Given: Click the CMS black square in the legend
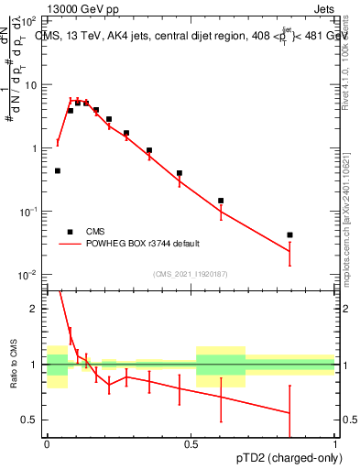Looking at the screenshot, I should click(x=70, y=232).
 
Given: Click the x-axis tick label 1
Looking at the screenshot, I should click(x=334, y=442).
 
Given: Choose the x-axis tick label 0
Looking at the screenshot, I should click(x=47, y=442).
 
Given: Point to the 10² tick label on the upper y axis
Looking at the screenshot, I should click(x=30, y=20).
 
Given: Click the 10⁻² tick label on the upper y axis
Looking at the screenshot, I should click(x=30, y=275).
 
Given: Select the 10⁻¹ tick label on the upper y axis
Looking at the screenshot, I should click(x=30, y=212).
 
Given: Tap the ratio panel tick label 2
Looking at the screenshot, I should click(x=37, y=309).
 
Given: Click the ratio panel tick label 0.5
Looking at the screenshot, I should click(x=33, y=420).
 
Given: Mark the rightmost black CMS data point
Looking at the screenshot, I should click(x=289, y=235).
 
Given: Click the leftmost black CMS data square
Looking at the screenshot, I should click(x=58, y=170).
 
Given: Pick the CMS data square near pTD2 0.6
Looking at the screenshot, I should click(x=221, y=201).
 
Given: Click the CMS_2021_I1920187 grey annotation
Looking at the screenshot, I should click(x=190, y=274).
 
